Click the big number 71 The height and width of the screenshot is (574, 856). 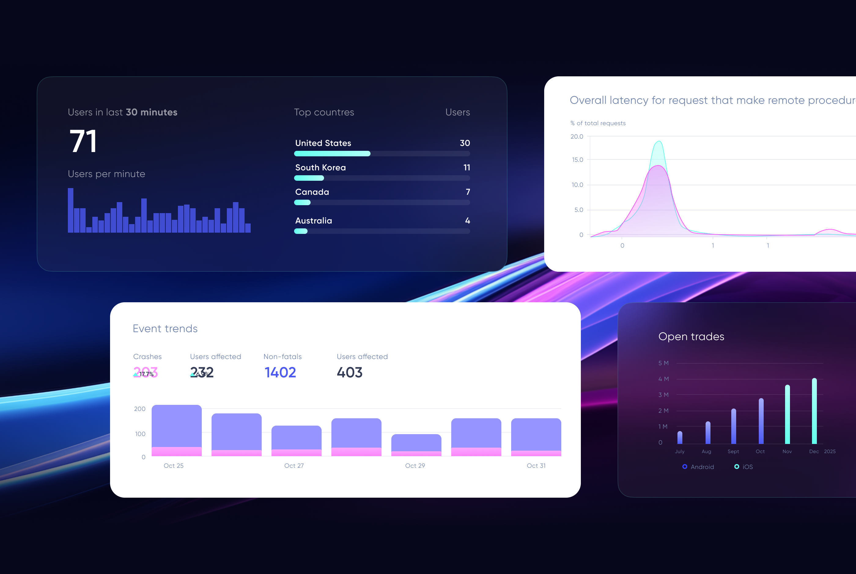pos(83,142)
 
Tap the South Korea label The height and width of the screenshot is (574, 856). pos(320,168)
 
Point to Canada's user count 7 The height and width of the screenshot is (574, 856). pos(467,192)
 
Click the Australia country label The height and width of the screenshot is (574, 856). pos(313,221)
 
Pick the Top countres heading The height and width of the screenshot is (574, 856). pos(324,112)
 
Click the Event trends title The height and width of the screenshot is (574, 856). pos(165,329)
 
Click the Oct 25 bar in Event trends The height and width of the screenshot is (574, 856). pos(177,430)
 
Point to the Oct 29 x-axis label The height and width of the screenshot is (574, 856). pos(415,466)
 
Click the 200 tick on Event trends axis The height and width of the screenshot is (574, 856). pos(140,409)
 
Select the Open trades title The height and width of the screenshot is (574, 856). pos(691,336)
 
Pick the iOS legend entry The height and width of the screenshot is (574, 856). pos(743,467)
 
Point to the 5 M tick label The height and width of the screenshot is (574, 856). pos(663,363)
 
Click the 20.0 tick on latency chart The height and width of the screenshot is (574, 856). pos(577,136)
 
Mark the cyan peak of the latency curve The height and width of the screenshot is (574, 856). pos(659,141)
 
